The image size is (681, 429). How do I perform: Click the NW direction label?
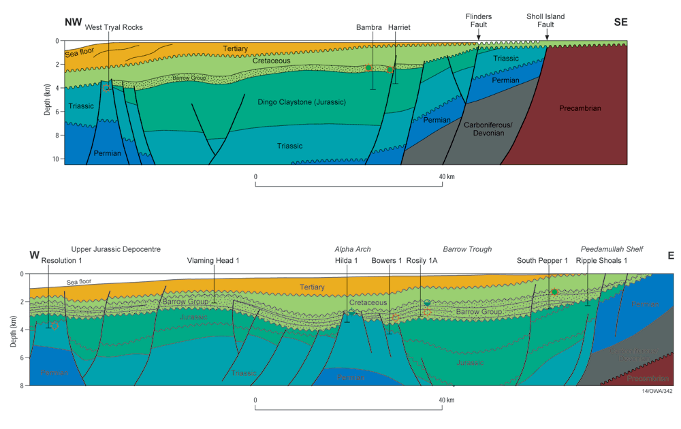pyautogui.click(x=73, y=22)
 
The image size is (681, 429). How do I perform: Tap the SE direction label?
pyautogui.click(x=620, y=22)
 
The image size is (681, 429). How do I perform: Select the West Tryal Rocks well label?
pyautogui.click(x=114, y=27)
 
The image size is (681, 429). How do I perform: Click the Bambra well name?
pyautogui.click(x=369, y=27)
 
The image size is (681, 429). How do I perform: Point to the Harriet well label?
pyautogui.click(x=399, y=27)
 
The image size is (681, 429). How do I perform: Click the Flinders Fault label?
pyautogui.click(x=478, y=20)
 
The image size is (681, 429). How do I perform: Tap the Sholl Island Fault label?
pyautogui.click(x=545, y=20)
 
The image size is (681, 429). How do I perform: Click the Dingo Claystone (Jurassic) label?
pyautogui.click(x=302, y=102)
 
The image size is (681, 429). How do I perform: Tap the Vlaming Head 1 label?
pyautogui.click(x=213, y=261)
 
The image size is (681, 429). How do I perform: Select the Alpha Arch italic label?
pyautogui.click(x=352, y=249)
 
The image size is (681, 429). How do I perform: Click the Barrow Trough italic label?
pyautogui.click(x=467, y=249)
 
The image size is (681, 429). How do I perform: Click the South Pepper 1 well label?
pyautogui.click(x=542, y=261)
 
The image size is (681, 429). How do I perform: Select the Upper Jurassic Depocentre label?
pyautogui.click(x=116, y=249)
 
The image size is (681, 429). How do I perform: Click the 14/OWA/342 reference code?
pyautogui.click(x=657, y=392)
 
